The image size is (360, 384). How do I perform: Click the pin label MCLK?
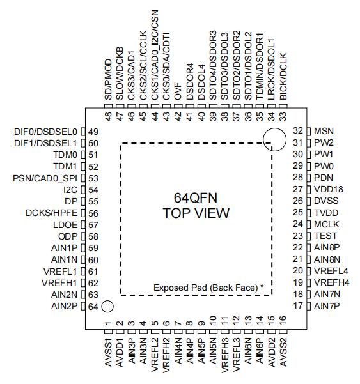(x=326, y=224)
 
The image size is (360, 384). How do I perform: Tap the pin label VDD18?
(x=329, y=189)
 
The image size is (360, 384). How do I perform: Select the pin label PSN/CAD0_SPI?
(x=45, y=178)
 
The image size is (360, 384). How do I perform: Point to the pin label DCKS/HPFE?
(x=51, y=213)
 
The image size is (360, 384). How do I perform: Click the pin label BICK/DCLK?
(x=283, y=77)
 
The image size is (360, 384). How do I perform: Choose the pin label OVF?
(x=178, y=91)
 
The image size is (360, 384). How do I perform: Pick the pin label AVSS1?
(x=108, y=353)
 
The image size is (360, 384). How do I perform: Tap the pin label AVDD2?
(x=272, y=353)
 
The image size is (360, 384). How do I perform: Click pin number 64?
(x=93, y=307)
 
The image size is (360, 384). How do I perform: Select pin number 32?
(x=298, y=131)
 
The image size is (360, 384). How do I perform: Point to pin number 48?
(x=108, y=116)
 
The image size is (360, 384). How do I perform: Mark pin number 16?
(x=283, y=320)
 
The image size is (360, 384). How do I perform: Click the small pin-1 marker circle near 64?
(x=107, y=307)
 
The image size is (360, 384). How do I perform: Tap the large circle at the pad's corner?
(x=274, y=128)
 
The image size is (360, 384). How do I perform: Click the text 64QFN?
(x=196, y=198)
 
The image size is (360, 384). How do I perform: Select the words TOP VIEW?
(x=196, y=213)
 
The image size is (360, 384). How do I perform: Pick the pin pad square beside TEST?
(x=309, y=236)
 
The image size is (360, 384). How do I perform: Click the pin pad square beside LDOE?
(x=83, y=224)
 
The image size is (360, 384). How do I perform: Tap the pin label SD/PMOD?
(x=108, y=79)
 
